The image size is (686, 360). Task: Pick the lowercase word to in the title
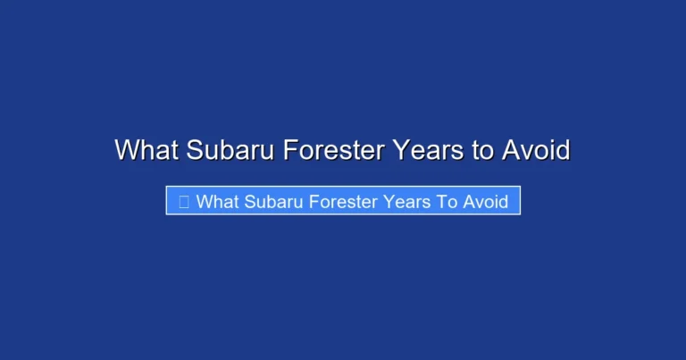coord(481,150)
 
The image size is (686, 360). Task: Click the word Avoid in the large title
coord(535,150)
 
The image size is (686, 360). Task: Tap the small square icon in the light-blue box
coord(183,201)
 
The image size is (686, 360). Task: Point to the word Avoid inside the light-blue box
coord(486,201)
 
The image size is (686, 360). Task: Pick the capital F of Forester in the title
coord(289,150)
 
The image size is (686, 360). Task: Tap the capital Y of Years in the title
coord(398,150)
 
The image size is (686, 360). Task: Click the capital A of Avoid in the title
coord(510,150)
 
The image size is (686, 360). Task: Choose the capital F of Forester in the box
coord(314,201)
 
